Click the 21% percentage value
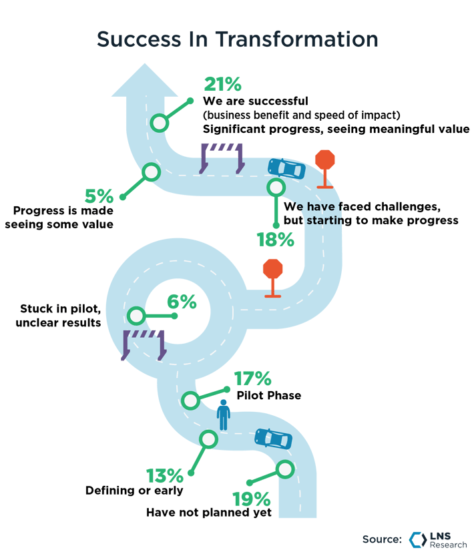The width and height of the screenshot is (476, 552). pos(222,85)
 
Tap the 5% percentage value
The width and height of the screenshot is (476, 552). pos(98,196)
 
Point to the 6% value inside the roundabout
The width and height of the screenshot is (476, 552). pos(181,302)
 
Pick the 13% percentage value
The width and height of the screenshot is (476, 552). pos(165,475)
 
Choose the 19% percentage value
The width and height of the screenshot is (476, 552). pos(251,499)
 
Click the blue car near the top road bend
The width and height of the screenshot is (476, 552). pos(286,170)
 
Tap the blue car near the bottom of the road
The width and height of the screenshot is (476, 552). pos(274,439)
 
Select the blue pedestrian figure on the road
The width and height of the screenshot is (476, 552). pos(224,416)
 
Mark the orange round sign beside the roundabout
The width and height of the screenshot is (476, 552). pos(272,270)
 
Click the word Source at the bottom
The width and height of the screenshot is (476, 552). pos(382,539)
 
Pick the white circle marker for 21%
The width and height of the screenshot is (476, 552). pos(160,123)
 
